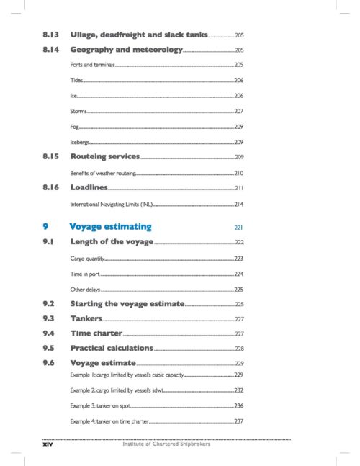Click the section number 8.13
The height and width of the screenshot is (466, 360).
[x=50, y=35]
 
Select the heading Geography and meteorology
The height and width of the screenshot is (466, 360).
[x=126, y=50]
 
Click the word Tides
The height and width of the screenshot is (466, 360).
[x=76, y=80]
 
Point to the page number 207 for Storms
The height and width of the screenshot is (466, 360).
[x=239, y=111]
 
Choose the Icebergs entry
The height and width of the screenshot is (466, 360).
[x=80, y=141]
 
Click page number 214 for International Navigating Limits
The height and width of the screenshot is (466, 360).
[x=239, y=204]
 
